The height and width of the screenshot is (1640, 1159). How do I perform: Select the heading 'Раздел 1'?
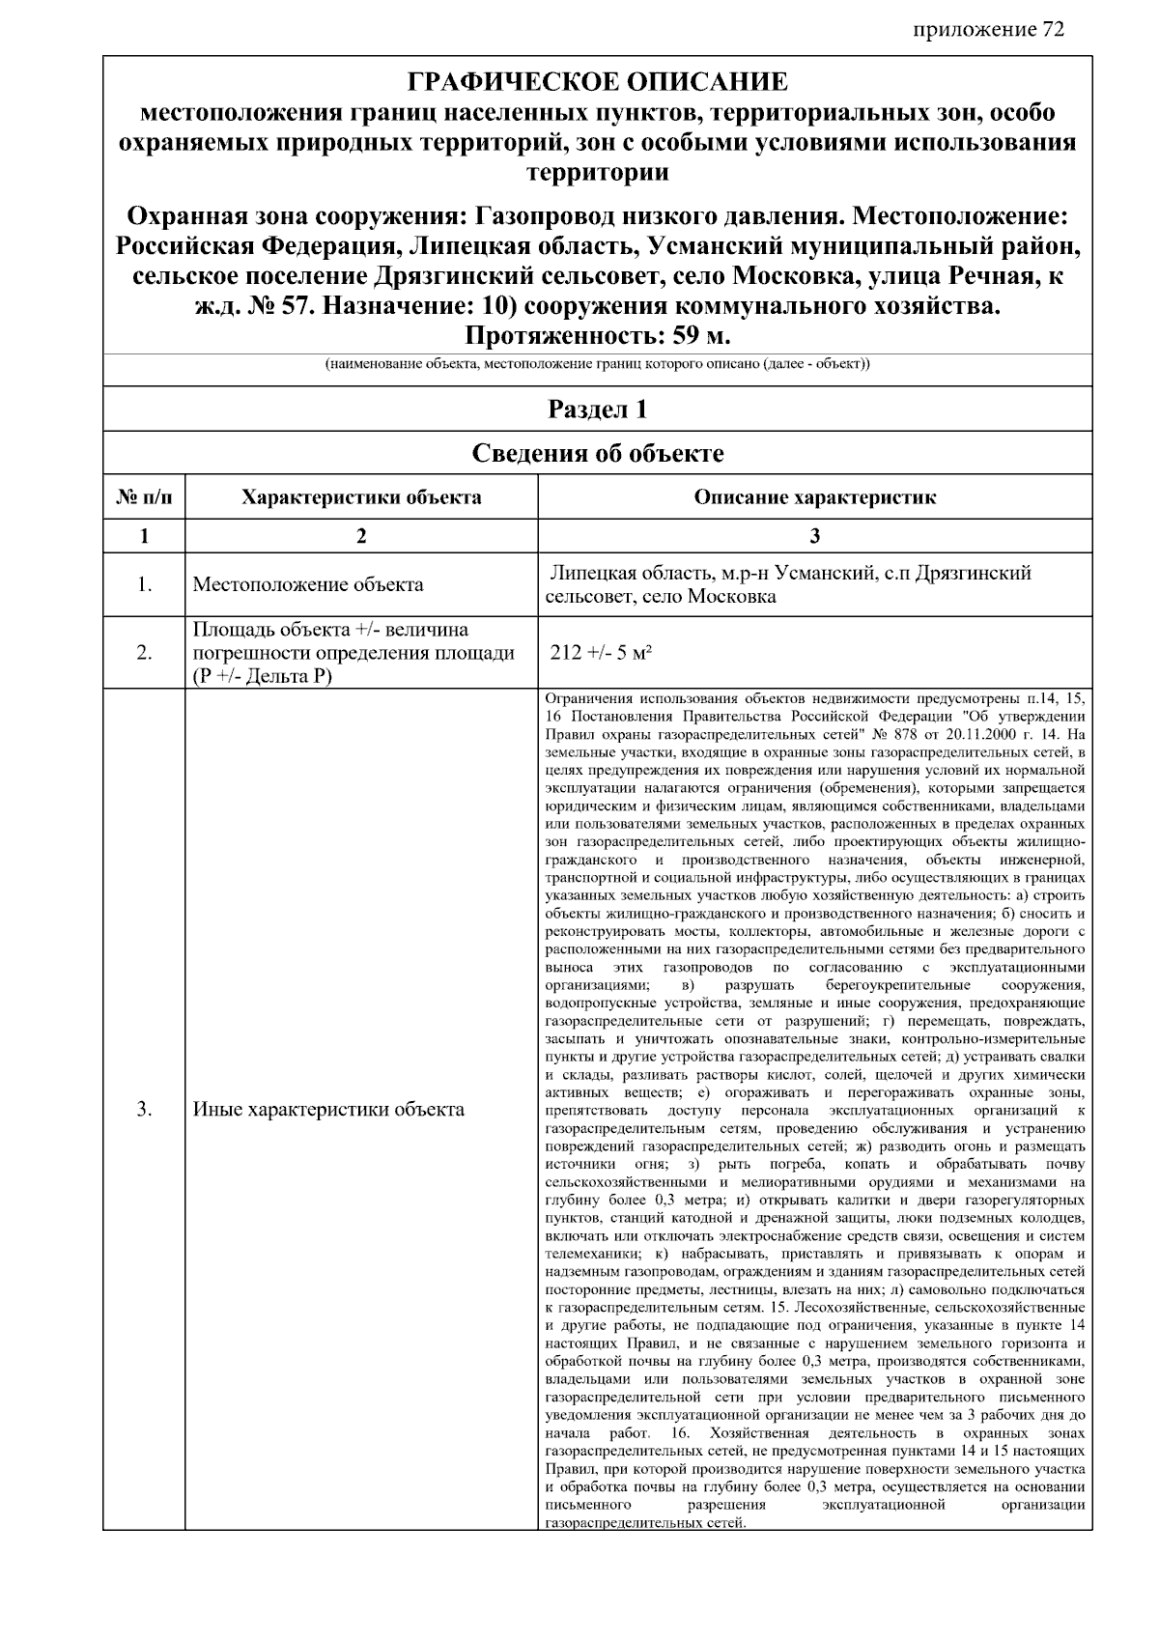pos(597,410)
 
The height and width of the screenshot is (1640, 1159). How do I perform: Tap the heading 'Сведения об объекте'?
pos(597,453)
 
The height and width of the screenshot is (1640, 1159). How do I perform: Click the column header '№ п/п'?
pos(144,497)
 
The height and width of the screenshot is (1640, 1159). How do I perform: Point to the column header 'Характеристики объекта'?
pos(361,497)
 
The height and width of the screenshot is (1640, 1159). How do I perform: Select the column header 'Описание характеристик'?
pos(814,497)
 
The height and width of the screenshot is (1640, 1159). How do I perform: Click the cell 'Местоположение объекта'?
pos(308,584)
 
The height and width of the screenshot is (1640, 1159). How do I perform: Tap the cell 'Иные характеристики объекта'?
pos(328,1109)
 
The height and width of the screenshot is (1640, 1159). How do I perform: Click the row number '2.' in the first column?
pos(144,653)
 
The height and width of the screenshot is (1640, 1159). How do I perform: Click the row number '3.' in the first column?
pos(144,1109)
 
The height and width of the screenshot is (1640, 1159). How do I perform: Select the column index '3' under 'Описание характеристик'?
pos(814,536)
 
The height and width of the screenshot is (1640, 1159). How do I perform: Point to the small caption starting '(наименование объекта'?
pos(597,365)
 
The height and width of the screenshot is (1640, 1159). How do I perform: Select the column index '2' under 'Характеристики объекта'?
pos(361,536)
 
